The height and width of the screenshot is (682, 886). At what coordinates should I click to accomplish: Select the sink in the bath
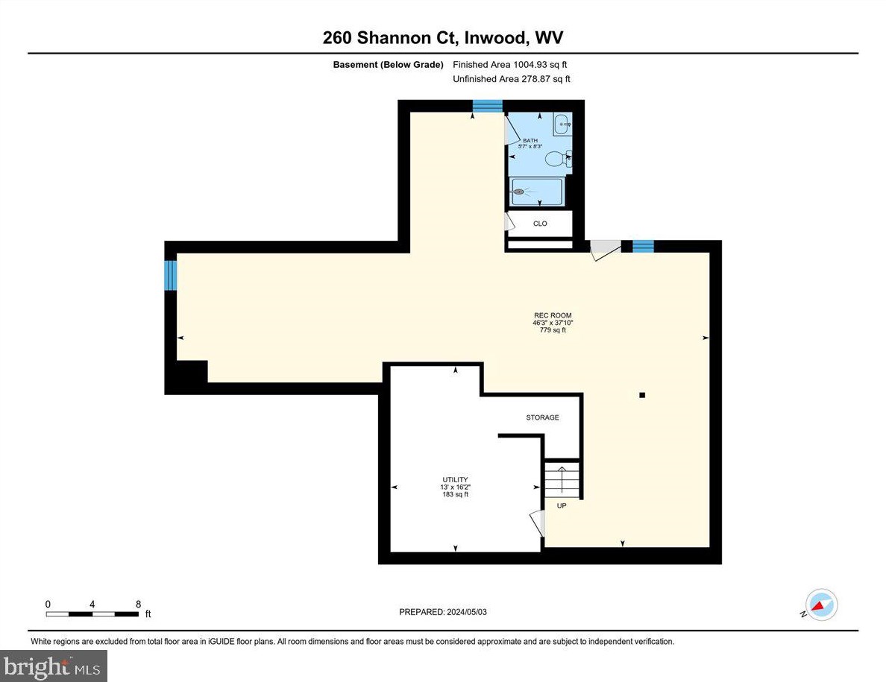click(x=562, y=124)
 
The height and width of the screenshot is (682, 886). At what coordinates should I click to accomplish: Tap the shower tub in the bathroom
click(x=537, y=191)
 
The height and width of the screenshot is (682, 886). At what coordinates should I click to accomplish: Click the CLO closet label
click(x=540, y=224)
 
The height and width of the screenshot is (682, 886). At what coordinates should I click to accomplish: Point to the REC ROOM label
click(x=552, y=315)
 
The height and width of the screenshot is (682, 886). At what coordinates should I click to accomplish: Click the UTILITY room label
click(x=454, y=480)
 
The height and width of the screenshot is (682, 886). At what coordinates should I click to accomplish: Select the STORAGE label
click(x=542, y=417)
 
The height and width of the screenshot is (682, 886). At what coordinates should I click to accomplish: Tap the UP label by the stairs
click(x=562, y=505)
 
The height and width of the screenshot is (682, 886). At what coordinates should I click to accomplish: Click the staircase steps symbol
click(x=561, y=479)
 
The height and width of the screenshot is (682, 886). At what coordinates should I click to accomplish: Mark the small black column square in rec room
click(x=641, y=396)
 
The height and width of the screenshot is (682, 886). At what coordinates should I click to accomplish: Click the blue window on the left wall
click(x=171, y=275)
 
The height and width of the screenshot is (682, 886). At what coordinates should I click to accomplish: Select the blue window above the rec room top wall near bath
click(x=488, y=107)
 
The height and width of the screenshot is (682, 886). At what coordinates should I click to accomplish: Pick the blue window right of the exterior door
click(x=643, y=247)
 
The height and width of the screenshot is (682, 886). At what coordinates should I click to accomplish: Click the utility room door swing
click(x=537, y=522)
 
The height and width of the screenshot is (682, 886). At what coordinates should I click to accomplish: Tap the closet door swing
click(x=511, y=222)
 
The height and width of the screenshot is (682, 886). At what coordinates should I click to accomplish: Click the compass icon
click(x=820, y=605)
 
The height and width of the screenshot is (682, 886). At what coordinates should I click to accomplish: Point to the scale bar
click(x=92, y=614)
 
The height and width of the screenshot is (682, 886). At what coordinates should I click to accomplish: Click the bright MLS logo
click(x=54, y=665)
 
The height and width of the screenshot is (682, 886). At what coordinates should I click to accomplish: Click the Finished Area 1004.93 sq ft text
click(x=515, y=65)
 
